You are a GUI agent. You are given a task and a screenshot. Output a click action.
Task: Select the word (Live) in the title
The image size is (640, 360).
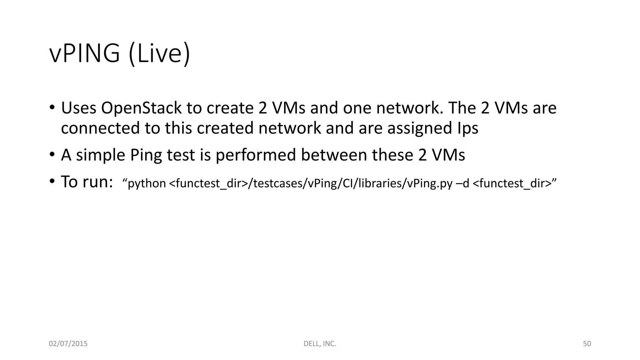pyautogui.click(x=159, y=54)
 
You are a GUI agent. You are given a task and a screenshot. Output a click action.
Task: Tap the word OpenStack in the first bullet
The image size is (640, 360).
pyautogui.click(x=141, y=108)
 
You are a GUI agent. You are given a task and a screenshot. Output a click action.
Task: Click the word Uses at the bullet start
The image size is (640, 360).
pyautogui.click(x=78, y=108)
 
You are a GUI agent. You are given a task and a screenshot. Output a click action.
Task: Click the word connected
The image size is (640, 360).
pyautogui.click(x=100, y=128)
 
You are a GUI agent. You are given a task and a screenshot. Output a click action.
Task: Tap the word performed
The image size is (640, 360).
pyautogui.click(x=256, y=155)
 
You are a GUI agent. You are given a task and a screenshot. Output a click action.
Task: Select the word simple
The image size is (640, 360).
pyautogui.click(x=100, y=155)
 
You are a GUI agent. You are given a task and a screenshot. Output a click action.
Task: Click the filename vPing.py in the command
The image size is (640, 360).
pyautogui.click(x=430, y=183)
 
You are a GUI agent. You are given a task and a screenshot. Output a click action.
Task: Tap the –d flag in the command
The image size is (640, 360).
pyautogui.click(x=463, y=183)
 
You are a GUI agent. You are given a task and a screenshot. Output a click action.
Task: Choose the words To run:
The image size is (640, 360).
pyautogui.click(x=87, y=182)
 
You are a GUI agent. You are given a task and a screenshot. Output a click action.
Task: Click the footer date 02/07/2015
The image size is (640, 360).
pyautogui.click(x=68, y=344)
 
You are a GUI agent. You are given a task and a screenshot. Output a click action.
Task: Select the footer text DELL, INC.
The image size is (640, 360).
pyautogui.click(x=320, y=344)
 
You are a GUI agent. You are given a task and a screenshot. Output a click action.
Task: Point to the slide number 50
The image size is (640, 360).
pyautogui.click(x=587, y=344)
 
